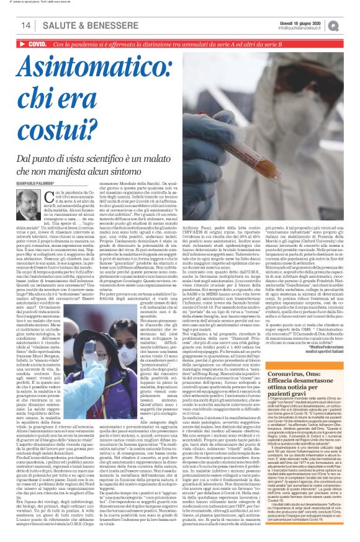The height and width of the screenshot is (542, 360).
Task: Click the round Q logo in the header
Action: point(351,25)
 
